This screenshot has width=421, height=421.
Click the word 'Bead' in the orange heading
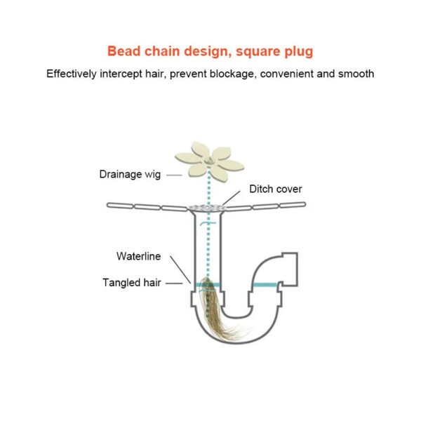tap(123, 51)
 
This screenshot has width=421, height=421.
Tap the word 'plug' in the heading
tap(298, 51)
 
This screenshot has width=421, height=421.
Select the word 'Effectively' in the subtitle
tap(72, 74)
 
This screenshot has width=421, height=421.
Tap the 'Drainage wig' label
tap(130, 174)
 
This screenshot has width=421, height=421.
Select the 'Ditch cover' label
tap(276, 189)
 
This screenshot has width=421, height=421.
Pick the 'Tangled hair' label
tap(133, 283)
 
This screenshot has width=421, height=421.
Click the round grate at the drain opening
tap(207, 206)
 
